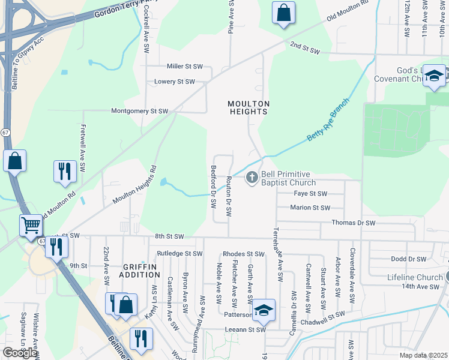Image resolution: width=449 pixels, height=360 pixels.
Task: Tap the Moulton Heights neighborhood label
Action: pyautogui.click(x=247, y=107)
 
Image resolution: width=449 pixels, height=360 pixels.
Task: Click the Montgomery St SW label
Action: pyautogui.click(x=139, y=111)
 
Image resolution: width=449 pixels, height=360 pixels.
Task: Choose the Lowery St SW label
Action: pyautogui.click(x=174, y=82)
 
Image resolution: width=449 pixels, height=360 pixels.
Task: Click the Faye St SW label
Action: pyautogui.click(x=310, y=194)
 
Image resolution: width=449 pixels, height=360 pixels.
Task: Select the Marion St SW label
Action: pyautogui.click(x=310, y=208)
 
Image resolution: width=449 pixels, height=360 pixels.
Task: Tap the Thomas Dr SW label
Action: pyautogui.click(x=354, y=223)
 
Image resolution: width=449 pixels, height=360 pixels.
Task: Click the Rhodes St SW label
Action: pyautogui.click(x=243, y=254)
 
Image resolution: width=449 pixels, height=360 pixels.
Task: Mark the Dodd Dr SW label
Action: pyautogui.click(x=408, y=259)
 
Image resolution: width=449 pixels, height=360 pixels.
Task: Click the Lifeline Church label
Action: pyautogui.click(x=415, y=278)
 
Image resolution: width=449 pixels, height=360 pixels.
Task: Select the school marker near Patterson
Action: pyautogui.click(x=264, y=310)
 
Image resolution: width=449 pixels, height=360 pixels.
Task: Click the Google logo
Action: pyautogui.click(x=20, y=353)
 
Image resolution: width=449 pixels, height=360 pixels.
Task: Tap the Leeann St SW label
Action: pyautogui.click(x=244, y=329)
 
